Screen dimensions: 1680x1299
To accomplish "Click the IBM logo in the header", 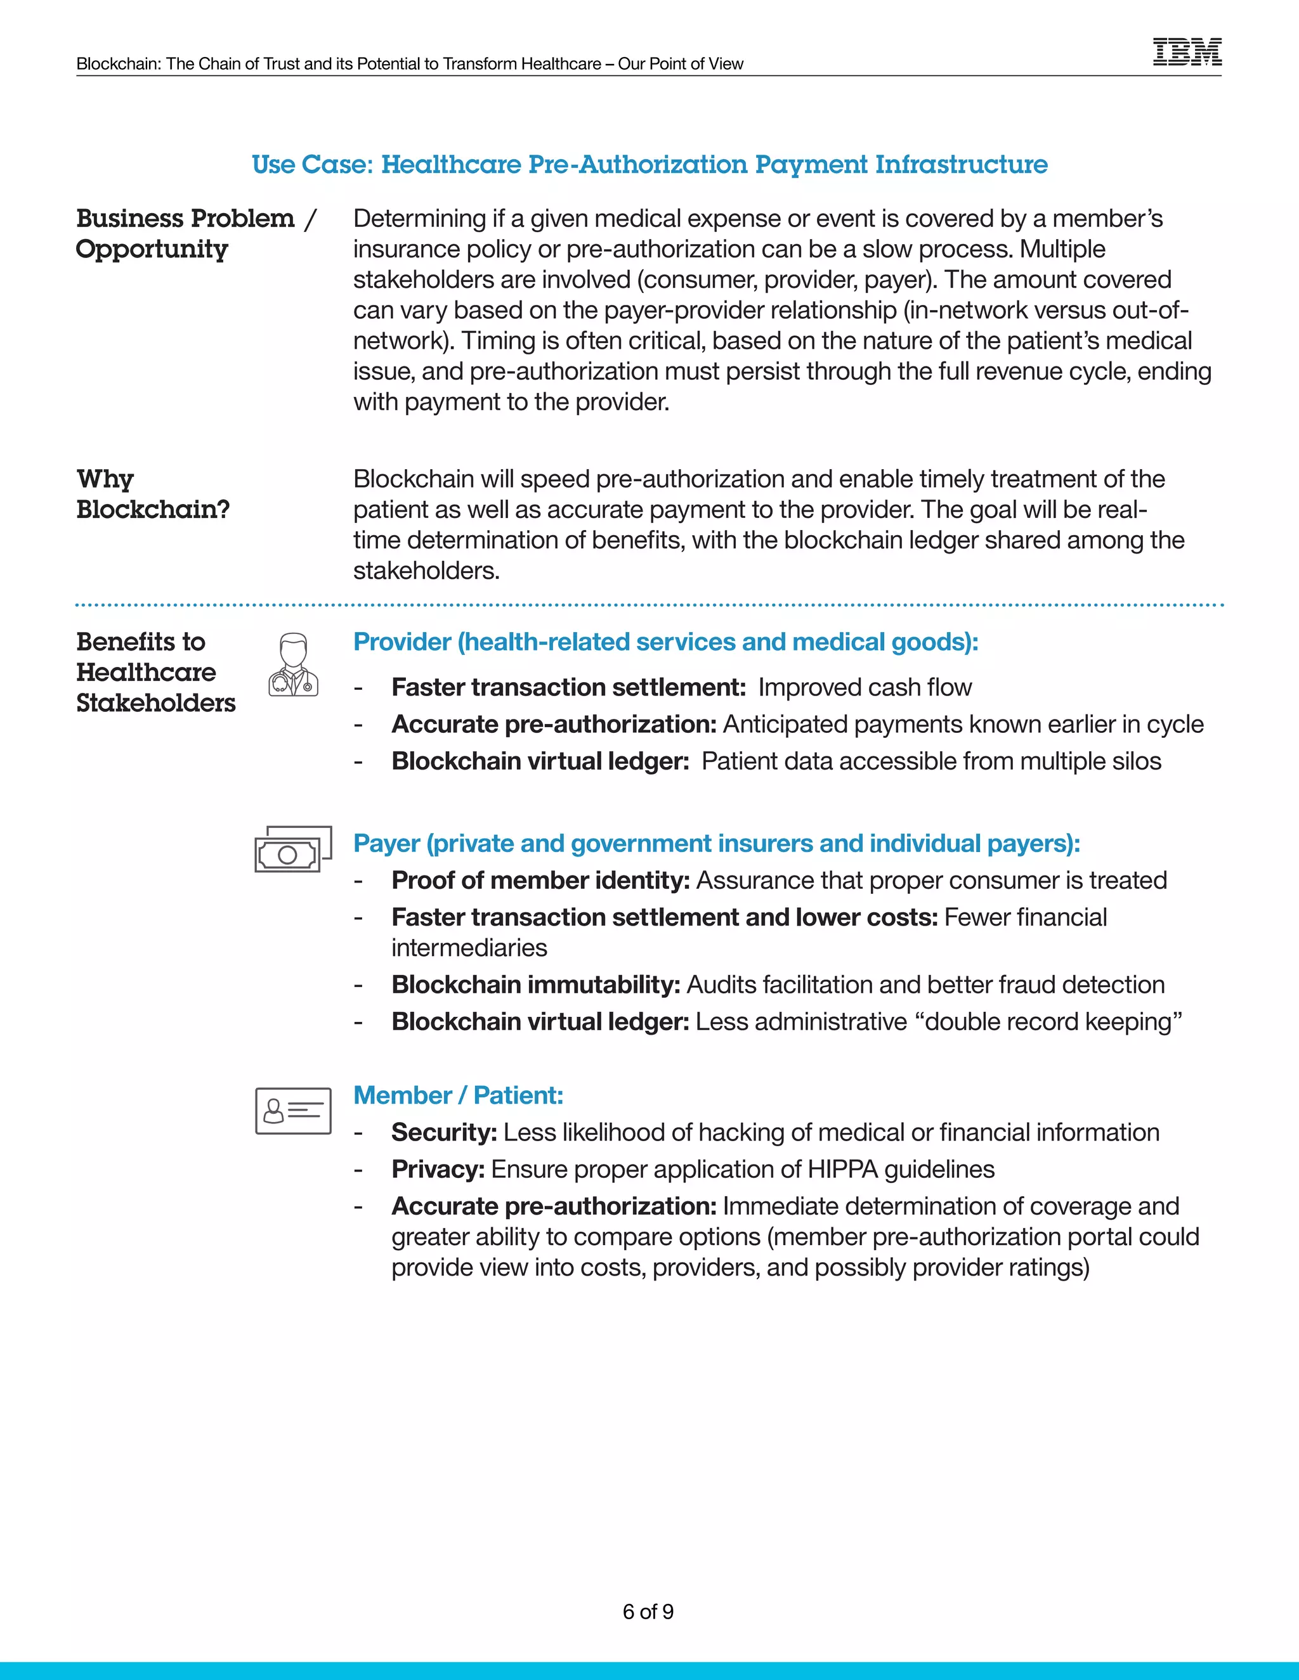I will [x=1187, y=53].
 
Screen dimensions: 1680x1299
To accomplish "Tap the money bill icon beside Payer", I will [x=293, y=850].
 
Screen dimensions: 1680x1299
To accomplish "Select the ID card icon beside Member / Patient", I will [x=293, y=1111].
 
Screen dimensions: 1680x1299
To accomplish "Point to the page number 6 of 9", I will [x=648, y=1612].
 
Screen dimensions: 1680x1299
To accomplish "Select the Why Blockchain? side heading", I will [x=152, y=494].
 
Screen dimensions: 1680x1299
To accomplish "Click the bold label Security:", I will [x=444, y=1132].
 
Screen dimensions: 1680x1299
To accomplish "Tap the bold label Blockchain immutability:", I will [x=535, y=985].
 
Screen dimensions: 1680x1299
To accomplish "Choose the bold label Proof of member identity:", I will [x=540, y=880].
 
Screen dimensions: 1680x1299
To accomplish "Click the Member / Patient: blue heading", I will [x=458, y=1095].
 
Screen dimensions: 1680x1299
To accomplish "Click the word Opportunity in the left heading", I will [x=152, y=249].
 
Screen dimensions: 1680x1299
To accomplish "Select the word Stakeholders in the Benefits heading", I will [x=156, y=703].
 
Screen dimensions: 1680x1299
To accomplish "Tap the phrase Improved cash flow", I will [x=865, y=687].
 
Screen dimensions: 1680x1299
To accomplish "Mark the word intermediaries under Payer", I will [x=469, y=948].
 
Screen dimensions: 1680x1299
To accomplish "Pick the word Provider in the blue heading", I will [x=401, y=642].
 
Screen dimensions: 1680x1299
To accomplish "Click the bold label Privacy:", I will [x=438, y=1169].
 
